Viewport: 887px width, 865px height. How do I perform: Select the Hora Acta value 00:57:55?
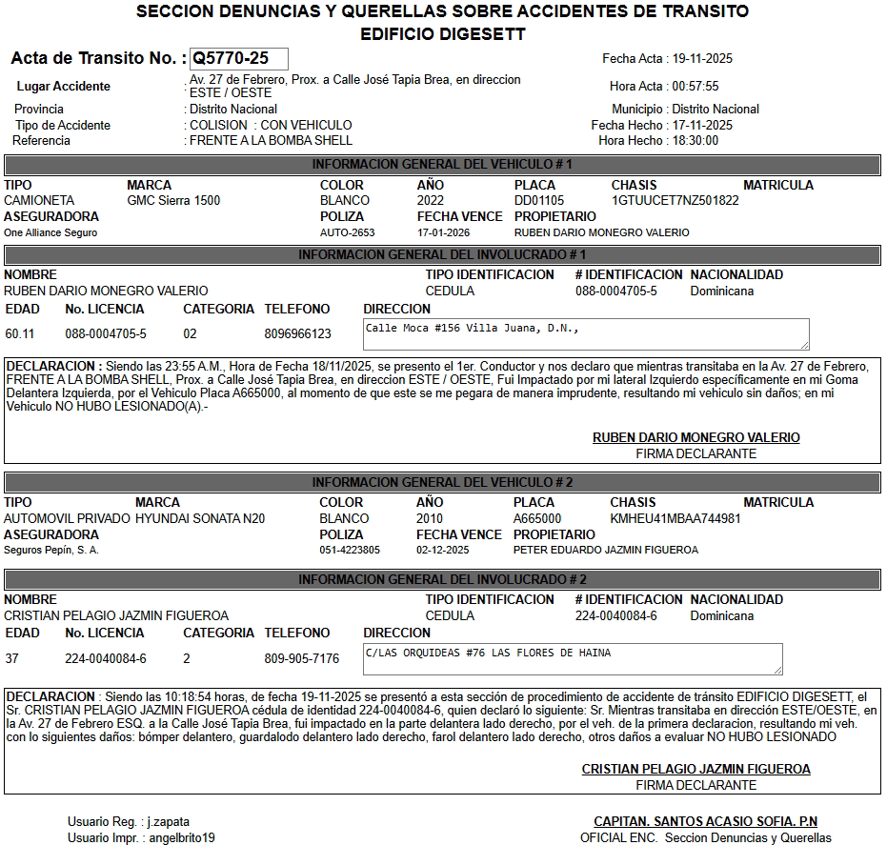695,86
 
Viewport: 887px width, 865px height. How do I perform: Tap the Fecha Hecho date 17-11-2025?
702,125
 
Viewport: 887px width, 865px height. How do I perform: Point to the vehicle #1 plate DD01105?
539,201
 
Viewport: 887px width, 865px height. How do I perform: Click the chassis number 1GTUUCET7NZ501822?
675,201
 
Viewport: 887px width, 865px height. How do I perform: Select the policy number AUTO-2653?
347,232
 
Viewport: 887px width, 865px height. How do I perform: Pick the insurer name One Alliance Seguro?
50,232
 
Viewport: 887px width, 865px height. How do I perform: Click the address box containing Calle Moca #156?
586,333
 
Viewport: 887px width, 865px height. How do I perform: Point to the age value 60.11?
20,333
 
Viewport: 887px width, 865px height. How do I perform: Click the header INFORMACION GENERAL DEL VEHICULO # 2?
442,482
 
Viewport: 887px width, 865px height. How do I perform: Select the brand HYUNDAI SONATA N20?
200,518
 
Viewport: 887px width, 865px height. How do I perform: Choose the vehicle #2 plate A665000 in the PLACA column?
537,518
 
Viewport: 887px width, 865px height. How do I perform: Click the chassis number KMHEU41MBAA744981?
675,518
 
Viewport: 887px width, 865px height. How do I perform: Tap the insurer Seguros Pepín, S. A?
51,550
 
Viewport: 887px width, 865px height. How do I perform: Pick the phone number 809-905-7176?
301,658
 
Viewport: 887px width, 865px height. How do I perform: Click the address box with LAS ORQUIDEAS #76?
573,658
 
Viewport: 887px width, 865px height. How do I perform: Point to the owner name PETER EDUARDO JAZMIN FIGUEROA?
606,550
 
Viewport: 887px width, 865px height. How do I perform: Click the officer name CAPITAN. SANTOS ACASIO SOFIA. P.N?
705,821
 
